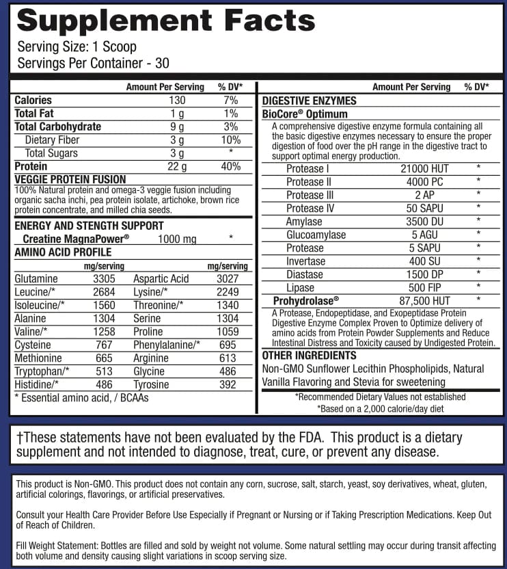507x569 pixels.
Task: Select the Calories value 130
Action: tap(177, 101)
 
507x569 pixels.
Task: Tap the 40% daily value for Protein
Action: tap(230, 166)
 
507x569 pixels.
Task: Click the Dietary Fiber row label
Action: tap(51, 140)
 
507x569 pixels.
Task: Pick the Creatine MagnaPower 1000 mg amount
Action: tap(177, 239)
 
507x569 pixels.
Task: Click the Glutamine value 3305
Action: tap(104, 279)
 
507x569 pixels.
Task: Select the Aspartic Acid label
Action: tap(161, 279)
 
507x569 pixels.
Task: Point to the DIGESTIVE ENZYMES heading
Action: tap(310, 101)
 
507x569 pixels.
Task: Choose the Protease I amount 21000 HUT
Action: tap(425, 169)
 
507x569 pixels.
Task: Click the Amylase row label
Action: tap(304, 222)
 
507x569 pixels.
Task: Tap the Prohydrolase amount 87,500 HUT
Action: tap(425, 301)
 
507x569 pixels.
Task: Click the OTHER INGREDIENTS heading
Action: tap(310, 356)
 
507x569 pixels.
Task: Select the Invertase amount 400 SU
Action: tap(425, 261)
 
